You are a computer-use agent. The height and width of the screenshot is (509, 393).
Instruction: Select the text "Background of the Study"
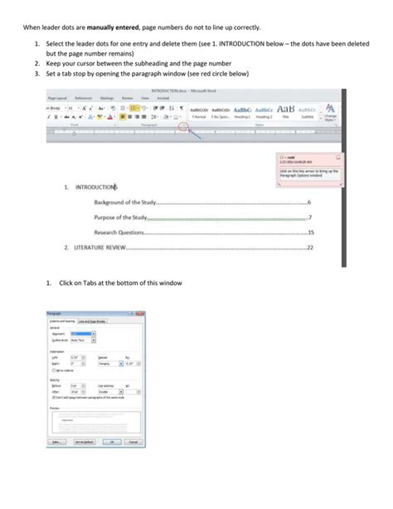point(124,203)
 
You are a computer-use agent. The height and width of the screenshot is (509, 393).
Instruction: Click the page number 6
point(308,203)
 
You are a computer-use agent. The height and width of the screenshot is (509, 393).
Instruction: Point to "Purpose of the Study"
point(120,218)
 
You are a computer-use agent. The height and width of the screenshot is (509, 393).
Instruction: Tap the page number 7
point(310,218)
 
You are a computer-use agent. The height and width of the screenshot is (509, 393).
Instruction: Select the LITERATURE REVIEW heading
point(100,247)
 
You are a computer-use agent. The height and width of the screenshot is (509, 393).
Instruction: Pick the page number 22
point(309,247)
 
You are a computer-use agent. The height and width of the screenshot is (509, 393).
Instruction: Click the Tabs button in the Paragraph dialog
point(57,442)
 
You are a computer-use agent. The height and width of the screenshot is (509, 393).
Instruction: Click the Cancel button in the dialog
point(133,442)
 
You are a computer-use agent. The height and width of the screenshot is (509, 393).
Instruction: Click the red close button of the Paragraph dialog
point(140,314)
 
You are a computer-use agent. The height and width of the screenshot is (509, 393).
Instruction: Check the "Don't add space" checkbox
point(54,397)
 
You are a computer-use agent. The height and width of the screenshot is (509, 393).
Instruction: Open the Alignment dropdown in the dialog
point(94,333)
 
